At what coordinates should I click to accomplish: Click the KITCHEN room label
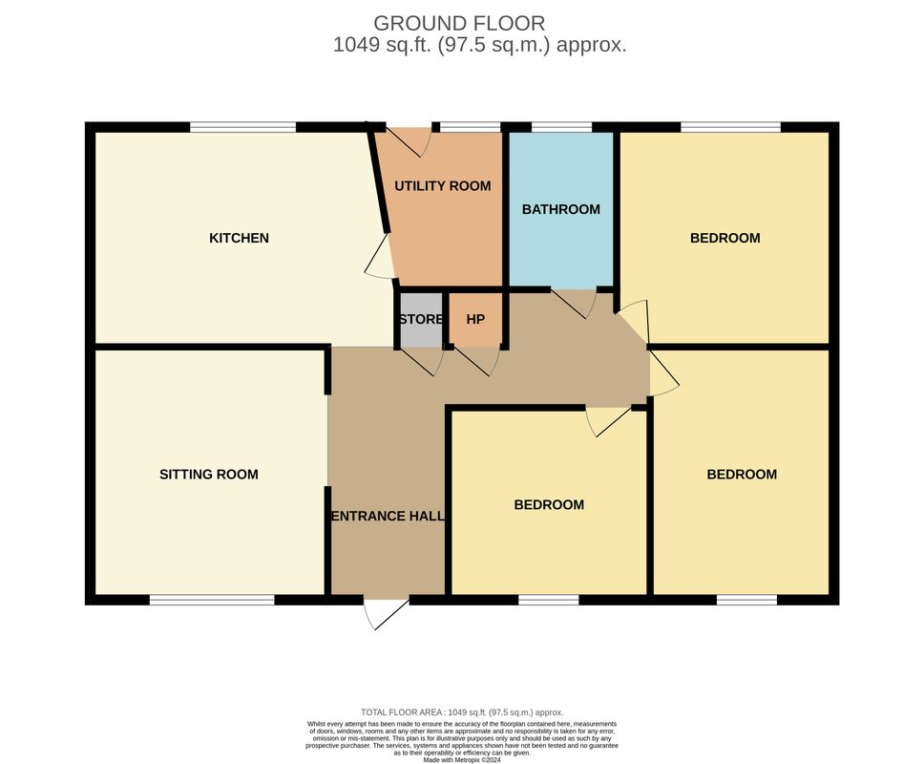(239, 238)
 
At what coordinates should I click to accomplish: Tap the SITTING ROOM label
(209, 475)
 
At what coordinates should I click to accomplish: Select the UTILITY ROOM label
(443, 186)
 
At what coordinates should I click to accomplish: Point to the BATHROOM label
(561, 209)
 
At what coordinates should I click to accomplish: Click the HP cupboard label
(475, 320)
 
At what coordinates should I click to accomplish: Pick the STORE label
(421, 320)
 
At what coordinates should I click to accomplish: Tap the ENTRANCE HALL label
(388, 517)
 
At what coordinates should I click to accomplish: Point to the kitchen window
(242, 127)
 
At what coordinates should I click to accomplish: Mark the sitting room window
(212, 600)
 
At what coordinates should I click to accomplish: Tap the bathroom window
(561, 127)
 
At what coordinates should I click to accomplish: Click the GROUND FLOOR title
(459, 24)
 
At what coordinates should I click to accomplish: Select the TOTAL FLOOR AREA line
(462, 712)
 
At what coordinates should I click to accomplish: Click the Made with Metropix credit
(462, 760)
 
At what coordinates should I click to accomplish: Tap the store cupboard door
(420, 361)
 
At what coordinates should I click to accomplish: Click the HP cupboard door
(476, 361)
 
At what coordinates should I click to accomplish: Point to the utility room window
(471, 127)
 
